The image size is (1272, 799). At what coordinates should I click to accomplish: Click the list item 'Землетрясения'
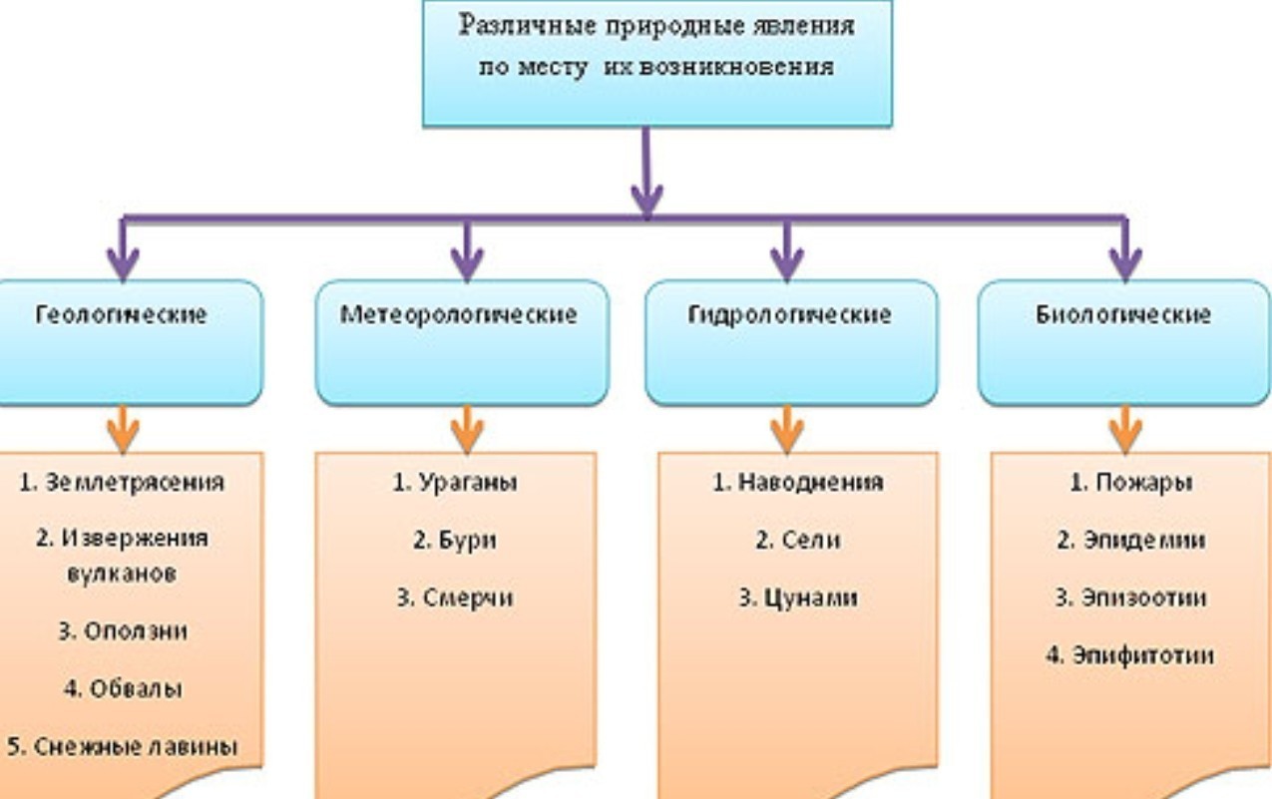(x=123, y=482)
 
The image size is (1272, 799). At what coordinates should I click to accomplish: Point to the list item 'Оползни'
(x=123, y=631)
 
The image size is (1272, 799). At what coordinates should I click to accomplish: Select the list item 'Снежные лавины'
(x=123, y=747)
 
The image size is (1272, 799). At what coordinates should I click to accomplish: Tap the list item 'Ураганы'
(x=455, y=483)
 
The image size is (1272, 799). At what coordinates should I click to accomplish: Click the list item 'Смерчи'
(x=455, y=598)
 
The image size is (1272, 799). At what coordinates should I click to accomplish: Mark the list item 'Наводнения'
(x=797, y=483)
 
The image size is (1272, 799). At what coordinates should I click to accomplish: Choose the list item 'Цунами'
(x=797, y=599)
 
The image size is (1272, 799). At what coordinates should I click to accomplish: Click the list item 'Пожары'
(x=1131, y=483)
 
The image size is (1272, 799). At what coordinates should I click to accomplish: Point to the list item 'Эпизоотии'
(x=1131, y=599)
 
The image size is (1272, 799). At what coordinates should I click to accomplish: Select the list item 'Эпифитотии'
(x=1131, y=656)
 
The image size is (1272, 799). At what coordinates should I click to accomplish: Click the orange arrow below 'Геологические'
(x=123, y=429)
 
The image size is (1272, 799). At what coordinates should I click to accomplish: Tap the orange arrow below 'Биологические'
(x=1125, y=429)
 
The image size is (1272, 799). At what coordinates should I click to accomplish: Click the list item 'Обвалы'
(x=123, y=689)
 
